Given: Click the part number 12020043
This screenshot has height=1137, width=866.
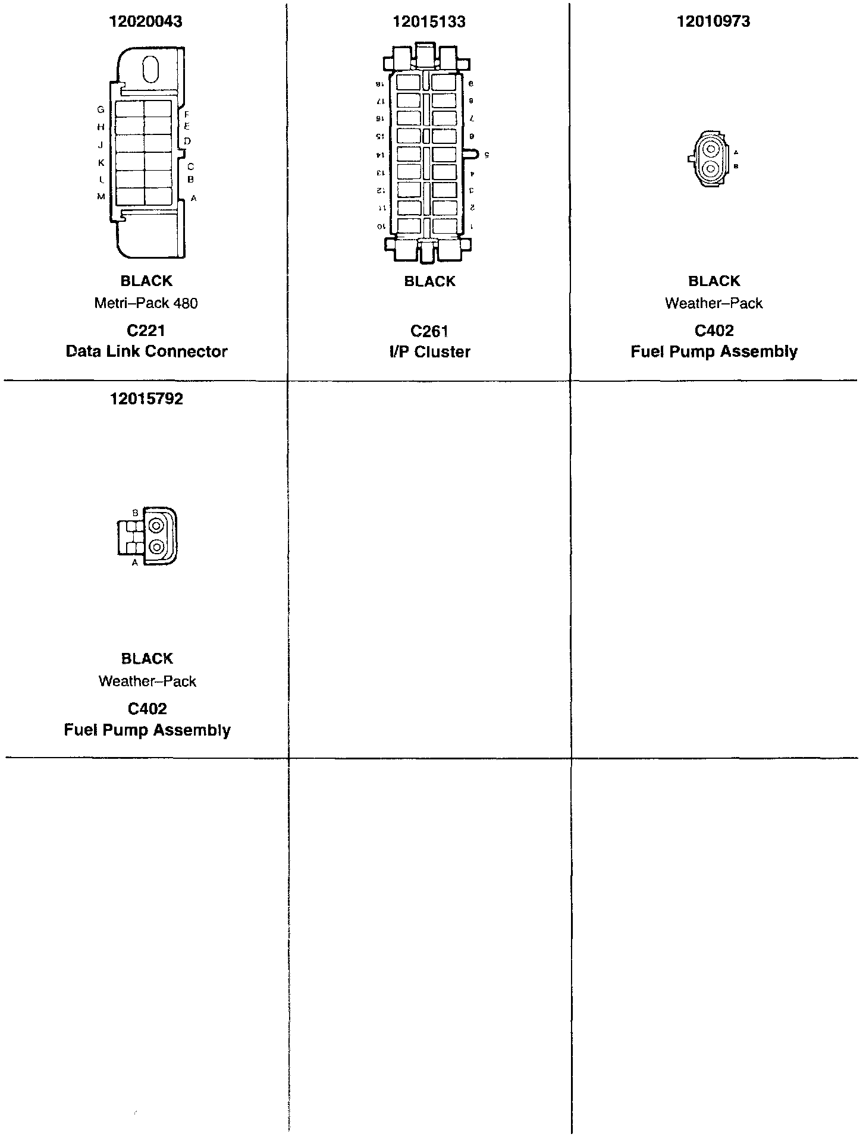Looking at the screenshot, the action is (146, 22).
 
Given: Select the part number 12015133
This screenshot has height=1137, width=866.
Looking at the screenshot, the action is (429, 22).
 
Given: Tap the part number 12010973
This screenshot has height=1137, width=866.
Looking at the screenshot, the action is (713, 22).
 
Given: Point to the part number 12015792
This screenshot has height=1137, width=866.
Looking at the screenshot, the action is (146, 399).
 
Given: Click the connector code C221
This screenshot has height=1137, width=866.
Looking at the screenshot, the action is (146, 331).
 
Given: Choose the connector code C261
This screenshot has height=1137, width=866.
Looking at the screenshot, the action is (429, 331).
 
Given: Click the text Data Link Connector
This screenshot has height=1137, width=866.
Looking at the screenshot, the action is (146, 351).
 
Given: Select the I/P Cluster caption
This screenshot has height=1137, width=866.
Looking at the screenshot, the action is (429, 352).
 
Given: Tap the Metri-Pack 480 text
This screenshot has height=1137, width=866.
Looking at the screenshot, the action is (146, 303).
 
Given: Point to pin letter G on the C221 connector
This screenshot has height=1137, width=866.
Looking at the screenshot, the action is (101, 109).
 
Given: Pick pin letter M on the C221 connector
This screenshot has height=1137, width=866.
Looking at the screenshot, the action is (101, 197).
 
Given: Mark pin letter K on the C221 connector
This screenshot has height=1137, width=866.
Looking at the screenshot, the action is (101, 162).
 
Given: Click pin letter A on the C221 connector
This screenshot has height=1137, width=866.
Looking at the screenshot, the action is (193, 198).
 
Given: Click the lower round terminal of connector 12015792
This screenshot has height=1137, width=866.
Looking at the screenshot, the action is (156, 547).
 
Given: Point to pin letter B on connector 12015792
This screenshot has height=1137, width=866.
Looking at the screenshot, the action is (135, 513).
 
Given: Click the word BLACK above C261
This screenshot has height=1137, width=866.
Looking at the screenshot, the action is (429, 281).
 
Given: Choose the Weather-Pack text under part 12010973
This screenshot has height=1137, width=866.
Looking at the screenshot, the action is (713, 303).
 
